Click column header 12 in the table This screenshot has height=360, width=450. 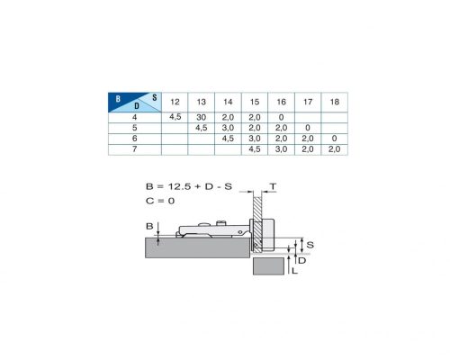tap(175, 102)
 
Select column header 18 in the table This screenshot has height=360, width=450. tap(334, 102)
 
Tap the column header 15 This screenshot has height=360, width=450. tap(255, 102)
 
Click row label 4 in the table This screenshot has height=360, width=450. tap(135, 117)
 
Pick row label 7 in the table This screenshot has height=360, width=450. tap(135, 149)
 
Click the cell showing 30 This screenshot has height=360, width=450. tap(201, 117)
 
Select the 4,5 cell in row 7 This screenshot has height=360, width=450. tap(255, 149)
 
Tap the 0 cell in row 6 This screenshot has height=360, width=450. tap(334, 139)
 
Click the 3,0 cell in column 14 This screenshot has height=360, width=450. tap(228, 128)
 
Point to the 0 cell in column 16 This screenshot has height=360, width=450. tap(281, 117)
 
